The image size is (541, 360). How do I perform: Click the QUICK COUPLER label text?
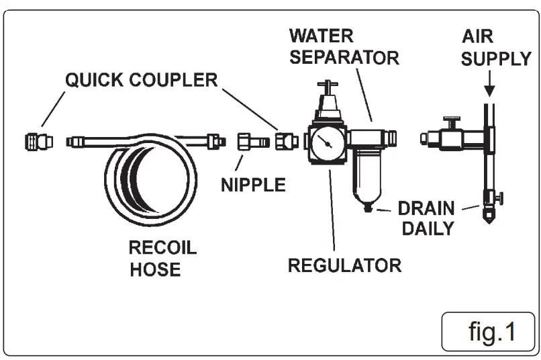click(141, 81)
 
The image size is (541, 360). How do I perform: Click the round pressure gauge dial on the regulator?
click(326, 142)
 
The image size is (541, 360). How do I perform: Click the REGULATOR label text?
click(344, 265)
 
